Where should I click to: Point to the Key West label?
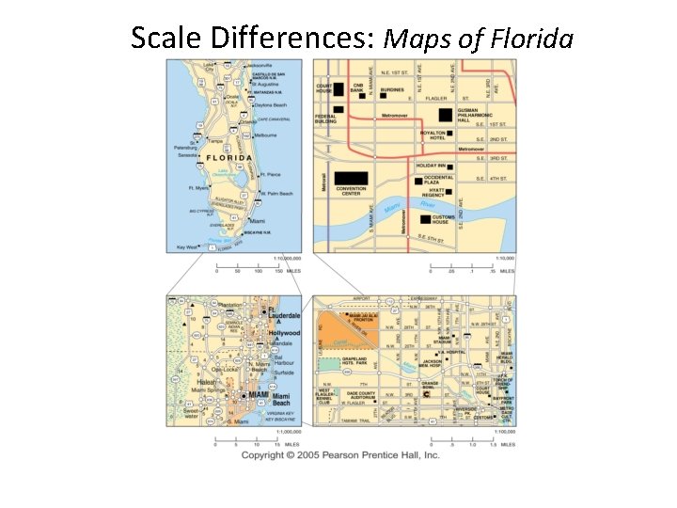coord(187,247)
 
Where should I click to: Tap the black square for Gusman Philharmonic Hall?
coord(445,115)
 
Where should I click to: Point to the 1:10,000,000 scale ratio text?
coord(288,257)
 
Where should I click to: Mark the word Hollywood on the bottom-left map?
coord(284,333)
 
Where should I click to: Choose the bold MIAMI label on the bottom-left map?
coord(257,395)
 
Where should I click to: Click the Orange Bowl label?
coord(430,385)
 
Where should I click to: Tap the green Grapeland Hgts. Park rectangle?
coord(329,364)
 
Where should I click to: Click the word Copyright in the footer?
coord(265,455)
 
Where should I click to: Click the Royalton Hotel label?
coord(433,135)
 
